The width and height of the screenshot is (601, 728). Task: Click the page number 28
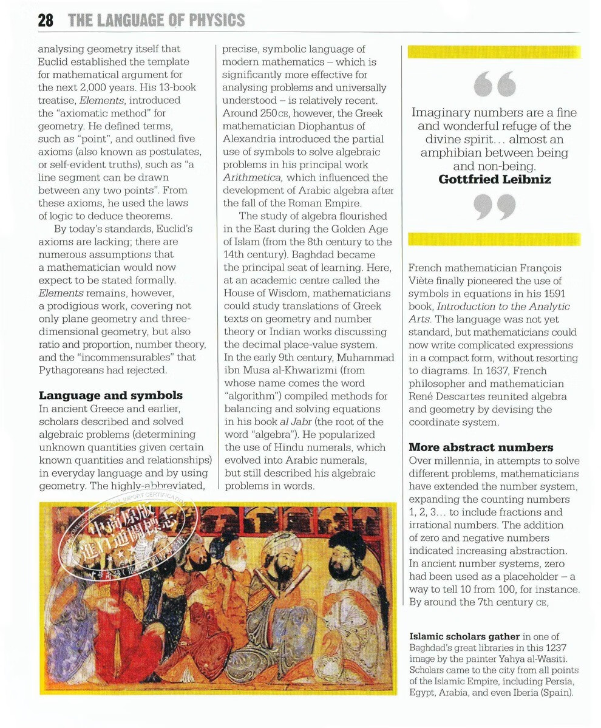[46, 20]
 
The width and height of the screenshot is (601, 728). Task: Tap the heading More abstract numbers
[481, 447]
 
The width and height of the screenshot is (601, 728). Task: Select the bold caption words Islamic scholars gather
[464, 636]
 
